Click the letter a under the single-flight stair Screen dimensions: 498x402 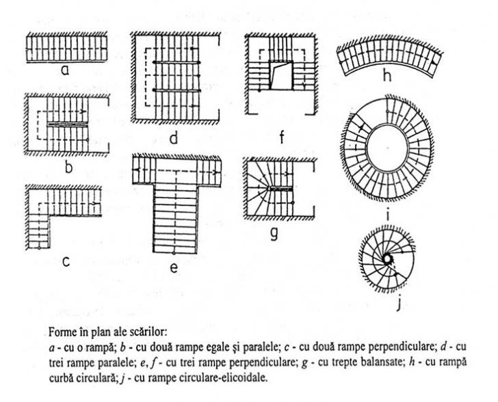[65, 70]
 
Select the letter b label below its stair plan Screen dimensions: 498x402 [68, 167]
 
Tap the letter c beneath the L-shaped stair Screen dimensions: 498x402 [66, 261]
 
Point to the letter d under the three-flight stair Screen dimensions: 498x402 [174, 138]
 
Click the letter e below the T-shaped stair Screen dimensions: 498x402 [174, 268]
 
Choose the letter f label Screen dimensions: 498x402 [281, 138]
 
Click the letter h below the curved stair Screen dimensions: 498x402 [387, 76]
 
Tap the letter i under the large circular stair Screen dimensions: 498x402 [388, 215]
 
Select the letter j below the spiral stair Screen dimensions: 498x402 [399, 304]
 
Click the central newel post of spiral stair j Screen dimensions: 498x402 [387, 259]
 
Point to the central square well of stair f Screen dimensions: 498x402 [280, 75]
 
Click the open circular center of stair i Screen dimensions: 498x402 [387, 148]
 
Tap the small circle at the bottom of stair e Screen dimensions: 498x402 [174, 253]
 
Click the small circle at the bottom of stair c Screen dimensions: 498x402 [39, 247]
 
